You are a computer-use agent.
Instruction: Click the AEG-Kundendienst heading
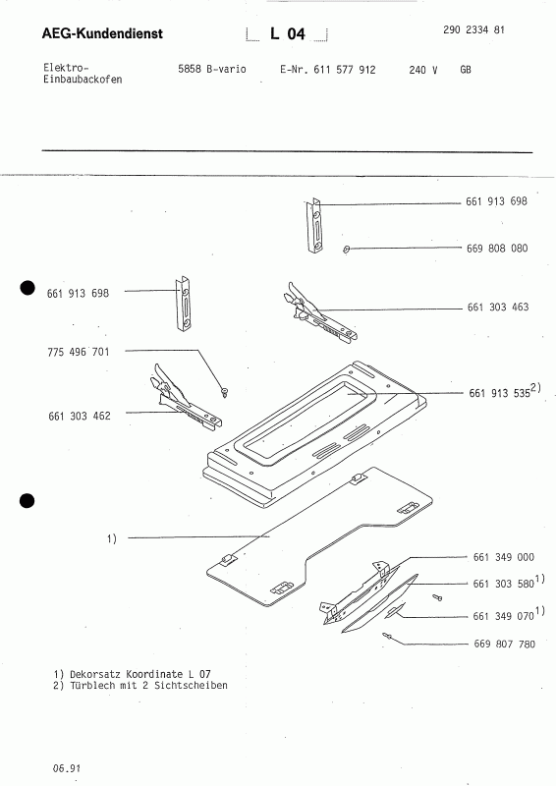(x=102, y=34)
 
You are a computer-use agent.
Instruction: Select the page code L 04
(x=288, y=34)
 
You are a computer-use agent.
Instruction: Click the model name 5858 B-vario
(x=211, y=71)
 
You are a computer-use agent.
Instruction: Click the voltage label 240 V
(x=422, y=72)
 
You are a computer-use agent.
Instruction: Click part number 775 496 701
(x=79, y=351)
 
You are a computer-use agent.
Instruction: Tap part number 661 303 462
(x=79, y=416)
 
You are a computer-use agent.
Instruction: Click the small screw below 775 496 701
(x=226, y=392)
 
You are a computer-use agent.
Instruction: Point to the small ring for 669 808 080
(x=348, y=250)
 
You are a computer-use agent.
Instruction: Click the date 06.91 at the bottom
(x=67, y=764)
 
